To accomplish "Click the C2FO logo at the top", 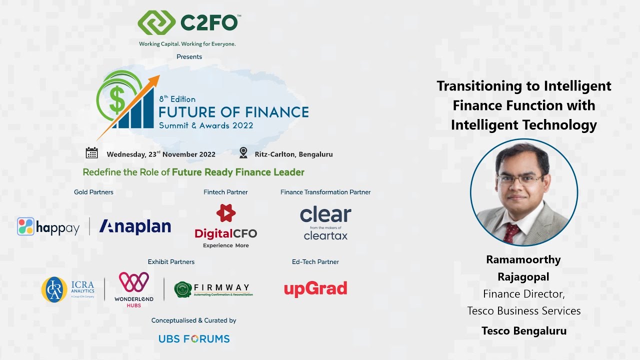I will click(189, 23).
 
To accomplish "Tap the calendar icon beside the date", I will click(92, 153).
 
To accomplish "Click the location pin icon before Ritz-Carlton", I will click(243, 153).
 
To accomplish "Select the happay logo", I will click(48, 227).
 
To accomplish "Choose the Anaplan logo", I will click(135, 226).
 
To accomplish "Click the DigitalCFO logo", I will click(226, 226).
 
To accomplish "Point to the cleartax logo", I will click(325, 223).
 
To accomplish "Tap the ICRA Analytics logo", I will click(68, 289).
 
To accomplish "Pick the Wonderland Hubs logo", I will click(133, 289).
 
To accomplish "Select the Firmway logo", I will click(213, 289).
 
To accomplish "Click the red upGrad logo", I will click(315, 288).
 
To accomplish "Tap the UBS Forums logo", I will click(194, 338).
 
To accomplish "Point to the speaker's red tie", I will click(511, 231).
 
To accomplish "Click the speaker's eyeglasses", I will click(520, 179).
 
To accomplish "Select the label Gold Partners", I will click(93, 192).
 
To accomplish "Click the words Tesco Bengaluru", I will click(524, 330).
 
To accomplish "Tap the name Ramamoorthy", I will click(523, 259).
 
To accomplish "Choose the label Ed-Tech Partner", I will click(315, 261).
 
